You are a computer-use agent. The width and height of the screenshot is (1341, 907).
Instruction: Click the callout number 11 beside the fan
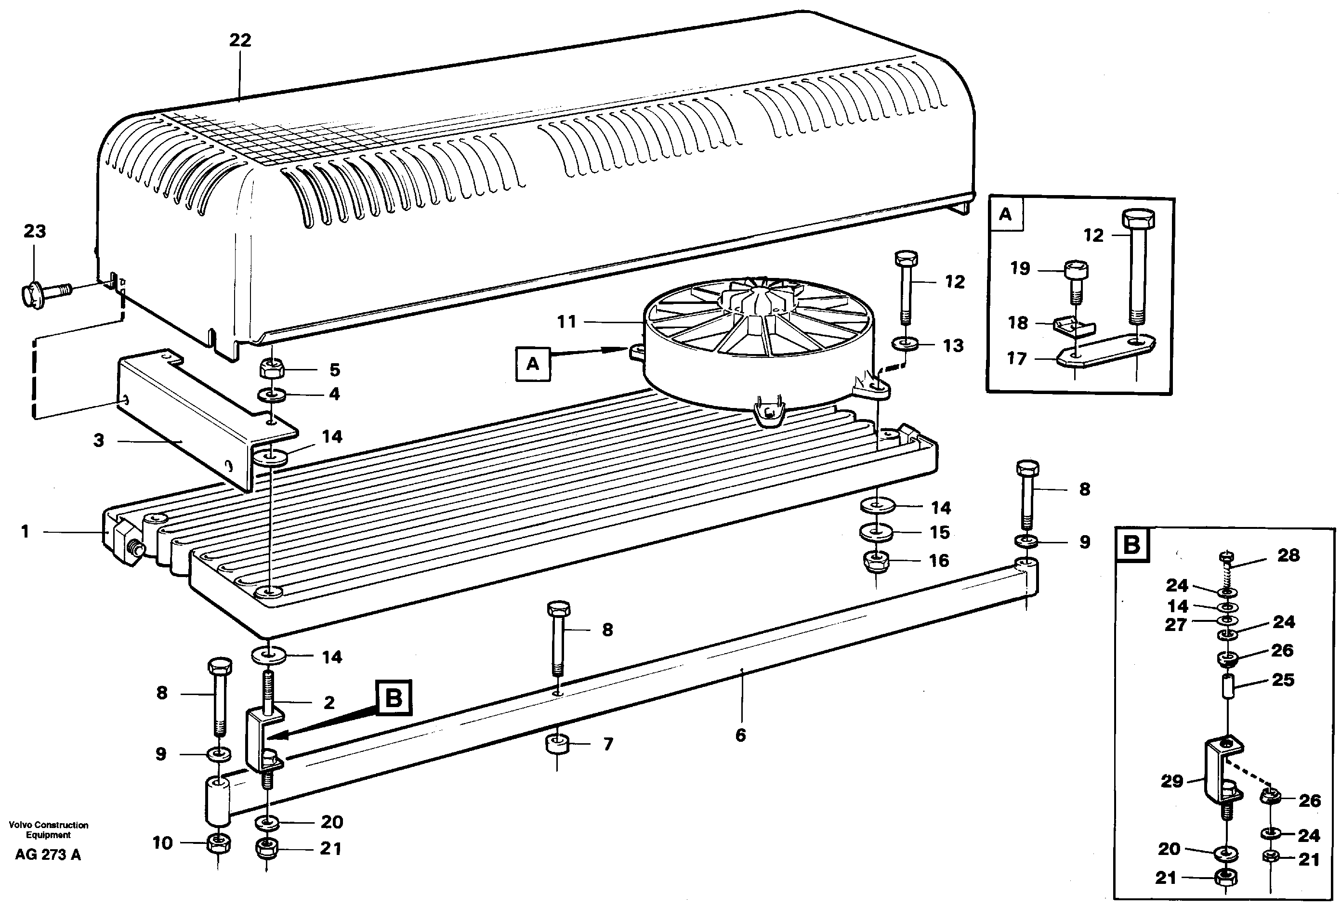[x=566, y=321]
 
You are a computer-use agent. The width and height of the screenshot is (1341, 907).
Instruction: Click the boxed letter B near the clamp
[x=394, y=698]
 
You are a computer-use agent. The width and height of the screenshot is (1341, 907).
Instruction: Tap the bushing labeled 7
[x=557, y=744]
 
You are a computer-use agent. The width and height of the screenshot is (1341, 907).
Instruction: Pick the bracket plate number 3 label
[x=99, y=440]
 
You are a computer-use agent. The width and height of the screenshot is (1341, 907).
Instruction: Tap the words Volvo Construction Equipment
[x=49, y=829]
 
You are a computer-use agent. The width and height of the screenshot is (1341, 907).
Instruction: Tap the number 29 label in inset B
[x=1172, y=781]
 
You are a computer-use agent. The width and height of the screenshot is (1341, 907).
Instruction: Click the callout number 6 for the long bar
[x=740, y=735]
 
